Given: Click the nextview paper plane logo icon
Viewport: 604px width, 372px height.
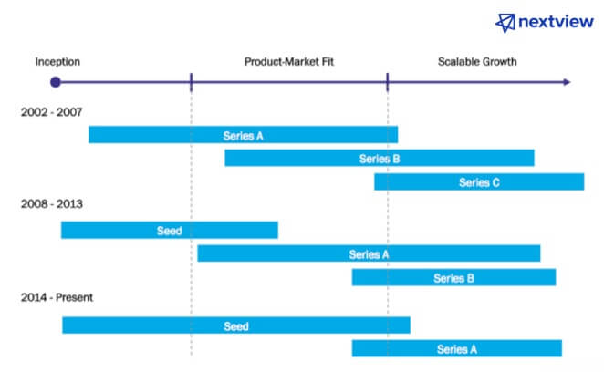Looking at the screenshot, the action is [505, 23].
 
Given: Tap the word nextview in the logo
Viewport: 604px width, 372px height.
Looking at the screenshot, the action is [556, 22].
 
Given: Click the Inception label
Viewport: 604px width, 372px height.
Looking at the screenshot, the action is [57, 62].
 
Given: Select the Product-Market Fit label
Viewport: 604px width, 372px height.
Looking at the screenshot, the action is [289, 62].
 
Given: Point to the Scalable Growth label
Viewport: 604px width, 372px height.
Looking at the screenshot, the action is [477, 62].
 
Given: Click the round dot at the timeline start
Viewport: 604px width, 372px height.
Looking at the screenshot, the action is [56, 82].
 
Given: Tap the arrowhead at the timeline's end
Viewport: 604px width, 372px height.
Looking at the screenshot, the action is [567, 82].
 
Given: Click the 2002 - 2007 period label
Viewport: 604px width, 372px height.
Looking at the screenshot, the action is [52, 112].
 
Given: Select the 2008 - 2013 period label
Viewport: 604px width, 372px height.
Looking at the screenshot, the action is [52, 203].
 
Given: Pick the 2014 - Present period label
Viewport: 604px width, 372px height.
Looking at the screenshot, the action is [57, 297].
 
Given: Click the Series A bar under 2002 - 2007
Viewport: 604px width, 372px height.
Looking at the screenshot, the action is [243, 134].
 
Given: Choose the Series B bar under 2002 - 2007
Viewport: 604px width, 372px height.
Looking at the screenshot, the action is [380, 158].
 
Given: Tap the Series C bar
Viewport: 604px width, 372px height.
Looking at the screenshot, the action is [479, 181].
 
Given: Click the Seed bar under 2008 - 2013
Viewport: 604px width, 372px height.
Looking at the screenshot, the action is [170, 230].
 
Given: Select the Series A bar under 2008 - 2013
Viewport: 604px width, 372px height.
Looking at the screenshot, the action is [369, 253].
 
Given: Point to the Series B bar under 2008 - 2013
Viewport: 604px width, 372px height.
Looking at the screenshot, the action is [453, 277].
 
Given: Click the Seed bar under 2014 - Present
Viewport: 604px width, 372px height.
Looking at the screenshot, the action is [236, 325].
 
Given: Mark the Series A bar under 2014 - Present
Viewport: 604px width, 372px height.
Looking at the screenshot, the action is [457, 348].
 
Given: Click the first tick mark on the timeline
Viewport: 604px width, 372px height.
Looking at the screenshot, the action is [191, 82].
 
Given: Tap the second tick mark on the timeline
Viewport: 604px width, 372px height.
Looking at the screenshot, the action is [388, 82].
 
